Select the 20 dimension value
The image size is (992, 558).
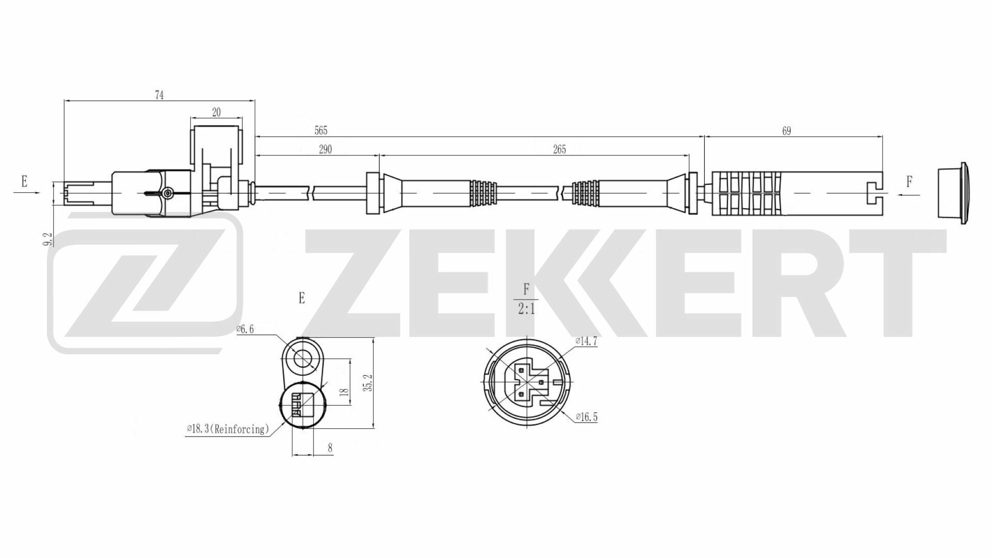tap(216, 113)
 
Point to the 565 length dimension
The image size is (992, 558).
tap(321, 131)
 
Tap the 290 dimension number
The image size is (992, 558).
tap(325, 149)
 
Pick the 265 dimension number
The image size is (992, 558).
tap(559, 149)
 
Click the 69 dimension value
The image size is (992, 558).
tap(786, 131)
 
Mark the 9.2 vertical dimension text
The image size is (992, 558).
tap(48, 239)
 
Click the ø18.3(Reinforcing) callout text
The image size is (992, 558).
tap(228, 429)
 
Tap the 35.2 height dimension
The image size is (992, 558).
tap(367, 382)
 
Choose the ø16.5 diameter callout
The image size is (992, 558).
tap(586, 417)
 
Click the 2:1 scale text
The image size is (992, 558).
tap(525, 310)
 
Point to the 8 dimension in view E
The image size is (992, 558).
tap(330, 448)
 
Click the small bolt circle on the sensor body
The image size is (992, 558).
tap(167, 193)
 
